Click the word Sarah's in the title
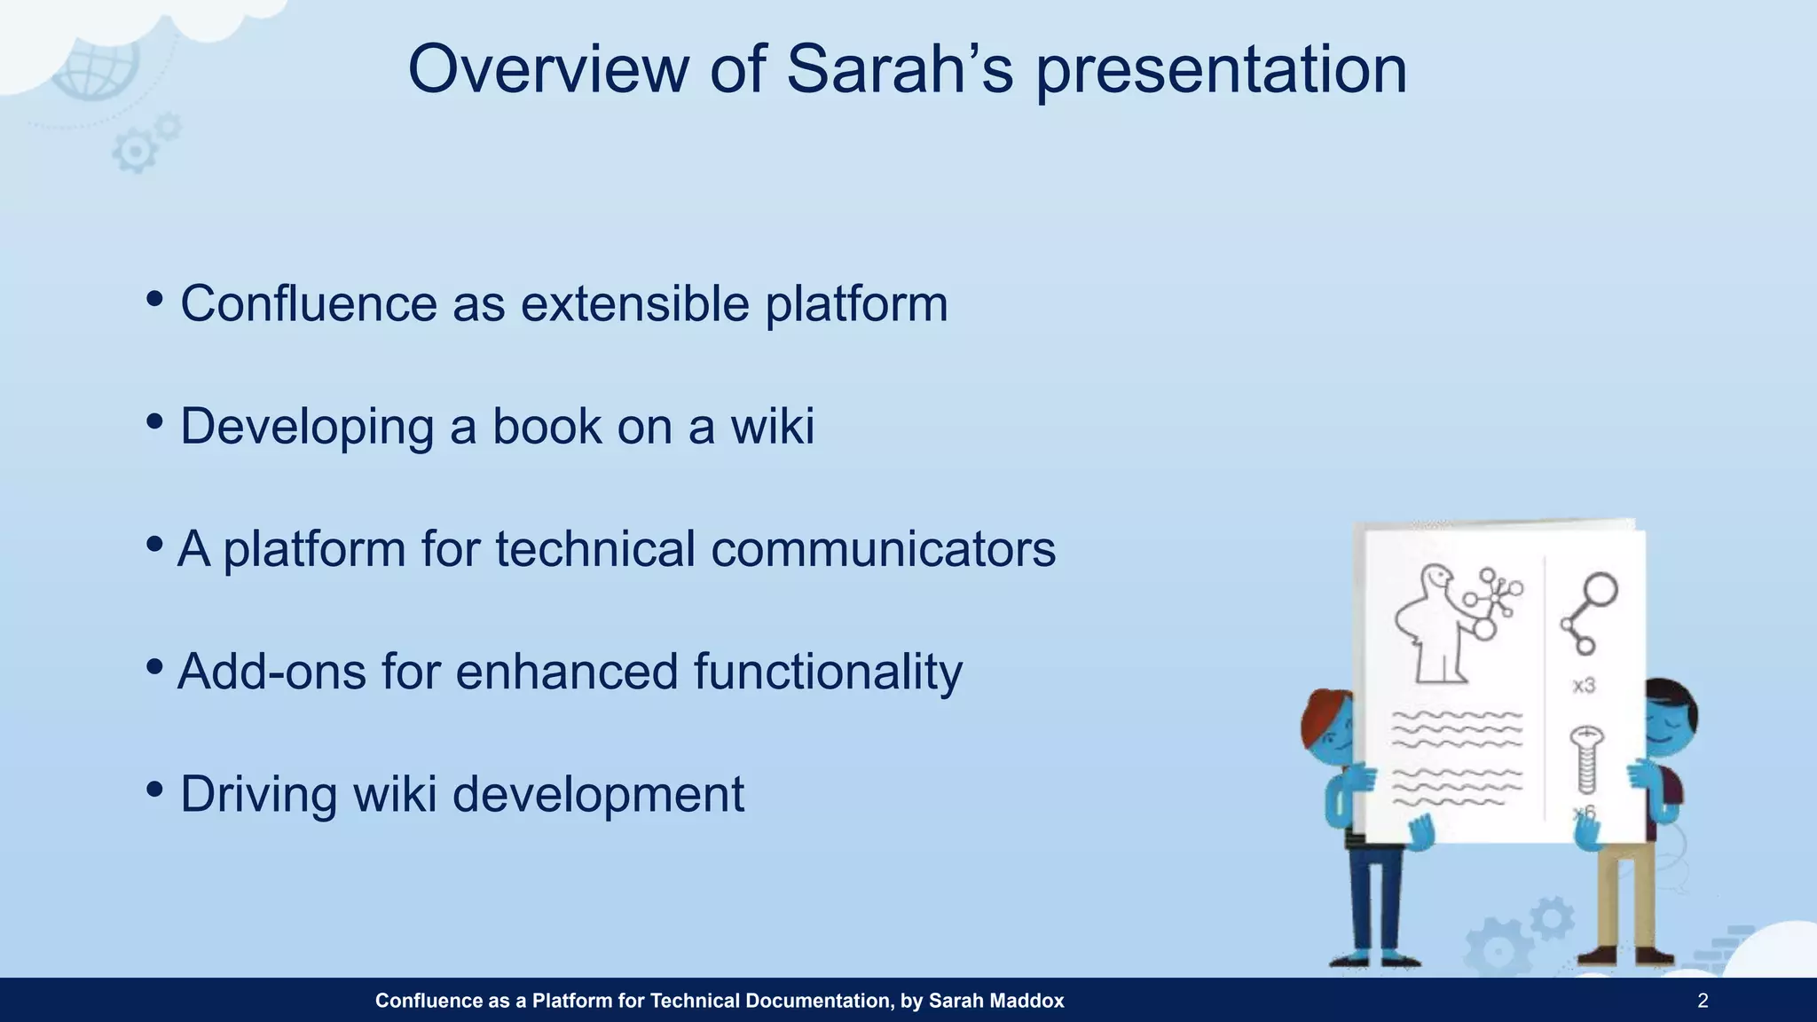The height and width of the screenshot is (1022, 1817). [900, 69]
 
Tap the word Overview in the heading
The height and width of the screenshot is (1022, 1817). [548, 69]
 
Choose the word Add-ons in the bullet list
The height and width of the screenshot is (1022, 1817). [271, 671]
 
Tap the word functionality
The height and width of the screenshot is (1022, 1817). [828, 672]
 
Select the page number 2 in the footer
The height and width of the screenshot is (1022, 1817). [1703, 1001]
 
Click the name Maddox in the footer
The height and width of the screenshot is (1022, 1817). [1028, 1001]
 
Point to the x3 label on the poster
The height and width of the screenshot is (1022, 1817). [1584, 685]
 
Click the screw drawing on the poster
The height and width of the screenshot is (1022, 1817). [1586, 759]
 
